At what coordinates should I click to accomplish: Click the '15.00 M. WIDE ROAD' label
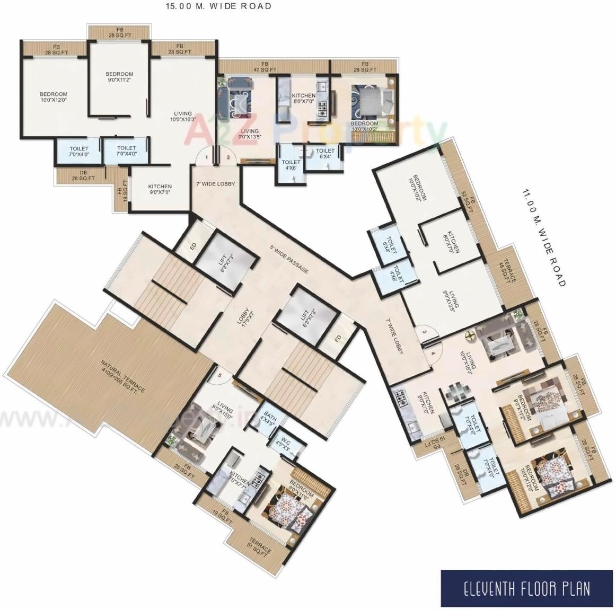coord(219,6)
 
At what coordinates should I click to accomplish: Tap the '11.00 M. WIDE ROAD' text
coord(543,237)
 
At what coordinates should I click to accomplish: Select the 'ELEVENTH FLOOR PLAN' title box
coord(527,588)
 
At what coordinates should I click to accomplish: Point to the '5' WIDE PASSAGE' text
coord(289,259)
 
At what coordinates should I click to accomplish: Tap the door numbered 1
coord(206,157)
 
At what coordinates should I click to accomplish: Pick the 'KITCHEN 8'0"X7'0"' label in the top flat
coord(304,98)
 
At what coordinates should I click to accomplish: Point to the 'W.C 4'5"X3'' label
coord(284,441)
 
